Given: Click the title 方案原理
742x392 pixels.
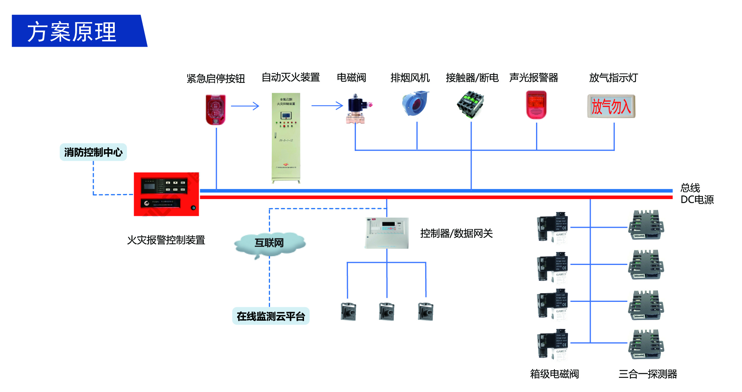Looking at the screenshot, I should point(72,32).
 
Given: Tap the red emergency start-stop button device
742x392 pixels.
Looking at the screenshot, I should point(216,109).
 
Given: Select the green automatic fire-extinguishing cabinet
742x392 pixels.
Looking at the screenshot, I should point(286,138).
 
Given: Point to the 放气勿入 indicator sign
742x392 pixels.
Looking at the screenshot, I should point(611,106).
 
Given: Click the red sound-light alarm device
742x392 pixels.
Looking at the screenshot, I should point(536,105).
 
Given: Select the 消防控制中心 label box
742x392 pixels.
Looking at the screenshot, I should point(93,152).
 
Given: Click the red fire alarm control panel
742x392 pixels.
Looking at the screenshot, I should point(166,194).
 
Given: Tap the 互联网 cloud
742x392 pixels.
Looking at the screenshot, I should point(269,243).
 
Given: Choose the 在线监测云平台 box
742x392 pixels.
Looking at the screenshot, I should point(271,316).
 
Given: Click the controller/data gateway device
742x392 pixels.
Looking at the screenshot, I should point(387,233).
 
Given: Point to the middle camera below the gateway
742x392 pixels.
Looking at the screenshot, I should point(387,312).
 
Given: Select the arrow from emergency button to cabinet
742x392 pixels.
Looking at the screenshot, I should point(245,106).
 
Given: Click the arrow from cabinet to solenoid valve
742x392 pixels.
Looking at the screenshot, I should point(327,106).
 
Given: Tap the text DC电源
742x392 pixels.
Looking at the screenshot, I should point(697,200).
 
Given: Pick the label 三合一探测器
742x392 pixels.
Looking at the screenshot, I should point(648,374).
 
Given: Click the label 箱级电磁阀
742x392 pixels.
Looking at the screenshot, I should point(554,374).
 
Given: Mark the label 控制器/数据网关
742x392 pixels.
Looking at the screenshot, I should point(456,233).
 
